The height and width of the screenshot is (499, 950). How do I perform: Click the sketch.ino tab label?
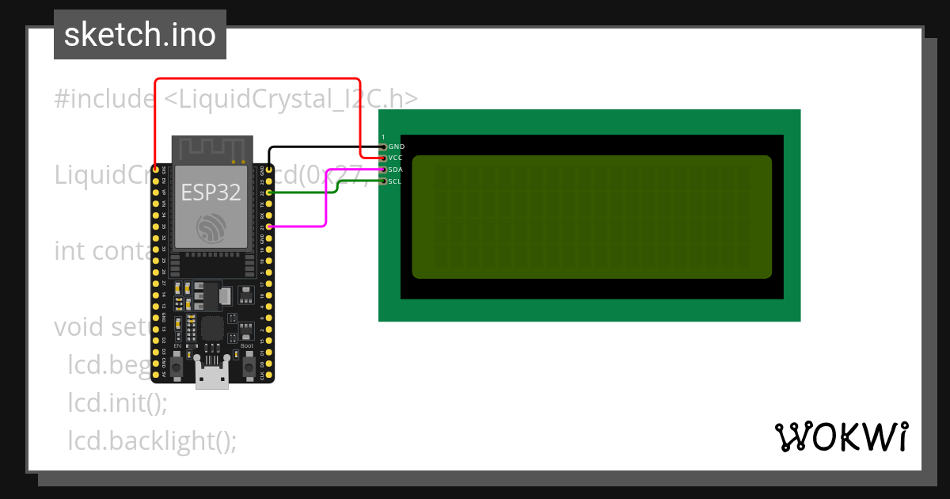(x=140, y=35)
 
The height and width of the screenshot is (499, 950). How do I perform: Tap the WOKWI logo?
(x=841, y=436)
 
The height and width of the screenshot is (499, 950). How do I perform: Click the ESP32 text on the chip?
(x=211, y=192)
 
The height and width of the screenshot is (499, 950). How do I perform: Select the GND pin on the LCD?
(x=384, y=147)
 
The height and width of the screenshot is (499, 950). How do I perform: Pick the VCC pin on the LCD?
(x=384, y=158)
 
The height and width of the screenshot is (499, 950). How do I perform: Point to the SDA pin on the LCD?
(x=384, y=170)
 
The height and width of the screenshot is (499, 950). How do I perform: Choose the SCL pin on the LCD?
(x=384, y=181)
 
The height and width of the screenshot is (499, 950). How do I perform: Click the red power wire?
(x=257, y=79)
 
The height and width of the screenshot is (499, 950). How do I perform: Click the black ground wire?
(x=325, y=147)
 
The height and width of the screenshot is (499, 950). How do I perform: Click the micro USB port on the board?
(x=212, y=375)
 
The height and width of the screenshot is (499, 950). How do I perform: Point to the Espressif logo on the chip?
(x=211, y=230)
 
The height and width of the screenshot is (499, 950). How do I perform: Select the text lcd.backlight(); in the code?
(x=152, y=440)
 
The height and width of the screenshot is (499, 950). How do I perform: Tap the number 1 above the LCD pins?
(x=383, y=137)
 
